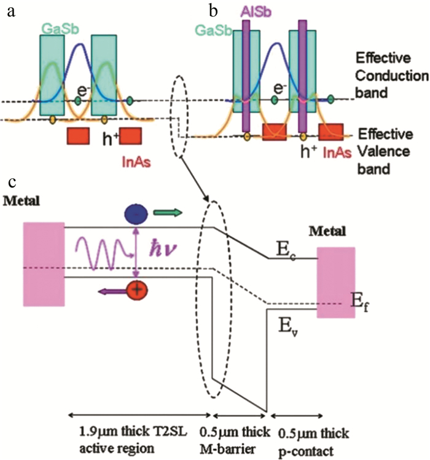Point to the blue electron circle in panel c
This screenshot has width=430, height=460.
click(x=135, y=213)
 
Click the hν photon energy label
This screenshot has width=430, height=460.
click(x=164, y=252)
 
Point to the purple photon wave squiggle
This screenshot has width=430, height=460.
click(x=100, y=253)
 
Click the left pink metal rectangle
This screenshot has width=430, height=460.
click(x=43, y=264)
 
